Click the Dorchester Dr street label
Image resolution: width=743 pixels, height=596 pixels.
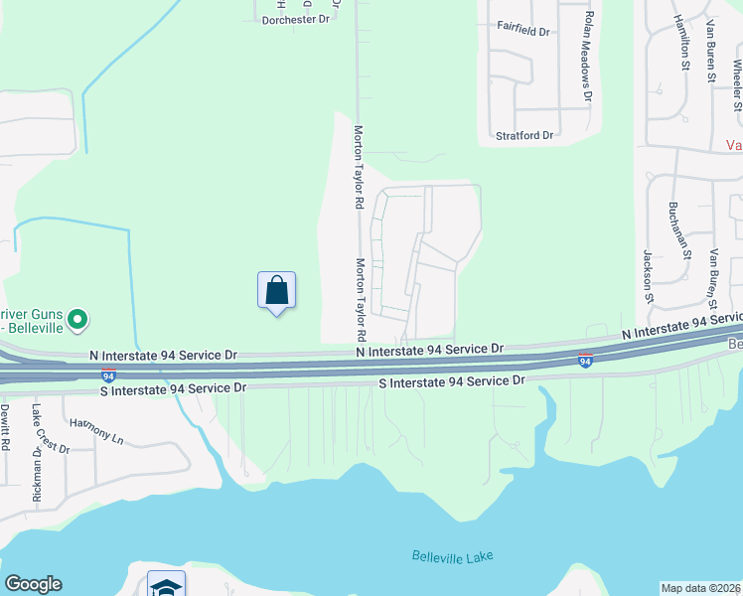coord(295,19)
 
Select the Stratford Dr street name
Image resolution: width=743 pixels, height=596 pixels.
coord(524,134)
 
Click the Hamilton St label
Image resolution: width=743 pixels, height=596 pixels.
coord(682,44)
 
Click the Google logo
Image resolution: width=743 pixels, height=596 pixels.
coord(33,584)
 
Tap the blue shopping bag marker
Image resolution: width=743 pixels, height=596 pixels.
coord(277,291)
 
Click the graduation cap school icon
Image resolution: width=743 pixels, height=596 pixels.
coord(166,586)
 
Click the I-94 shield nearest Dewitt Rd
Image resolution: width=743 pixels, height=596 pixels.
coord(108,375)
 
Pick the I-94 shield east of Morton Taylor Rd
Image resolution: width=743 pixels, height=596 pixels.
coord(586,361)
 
